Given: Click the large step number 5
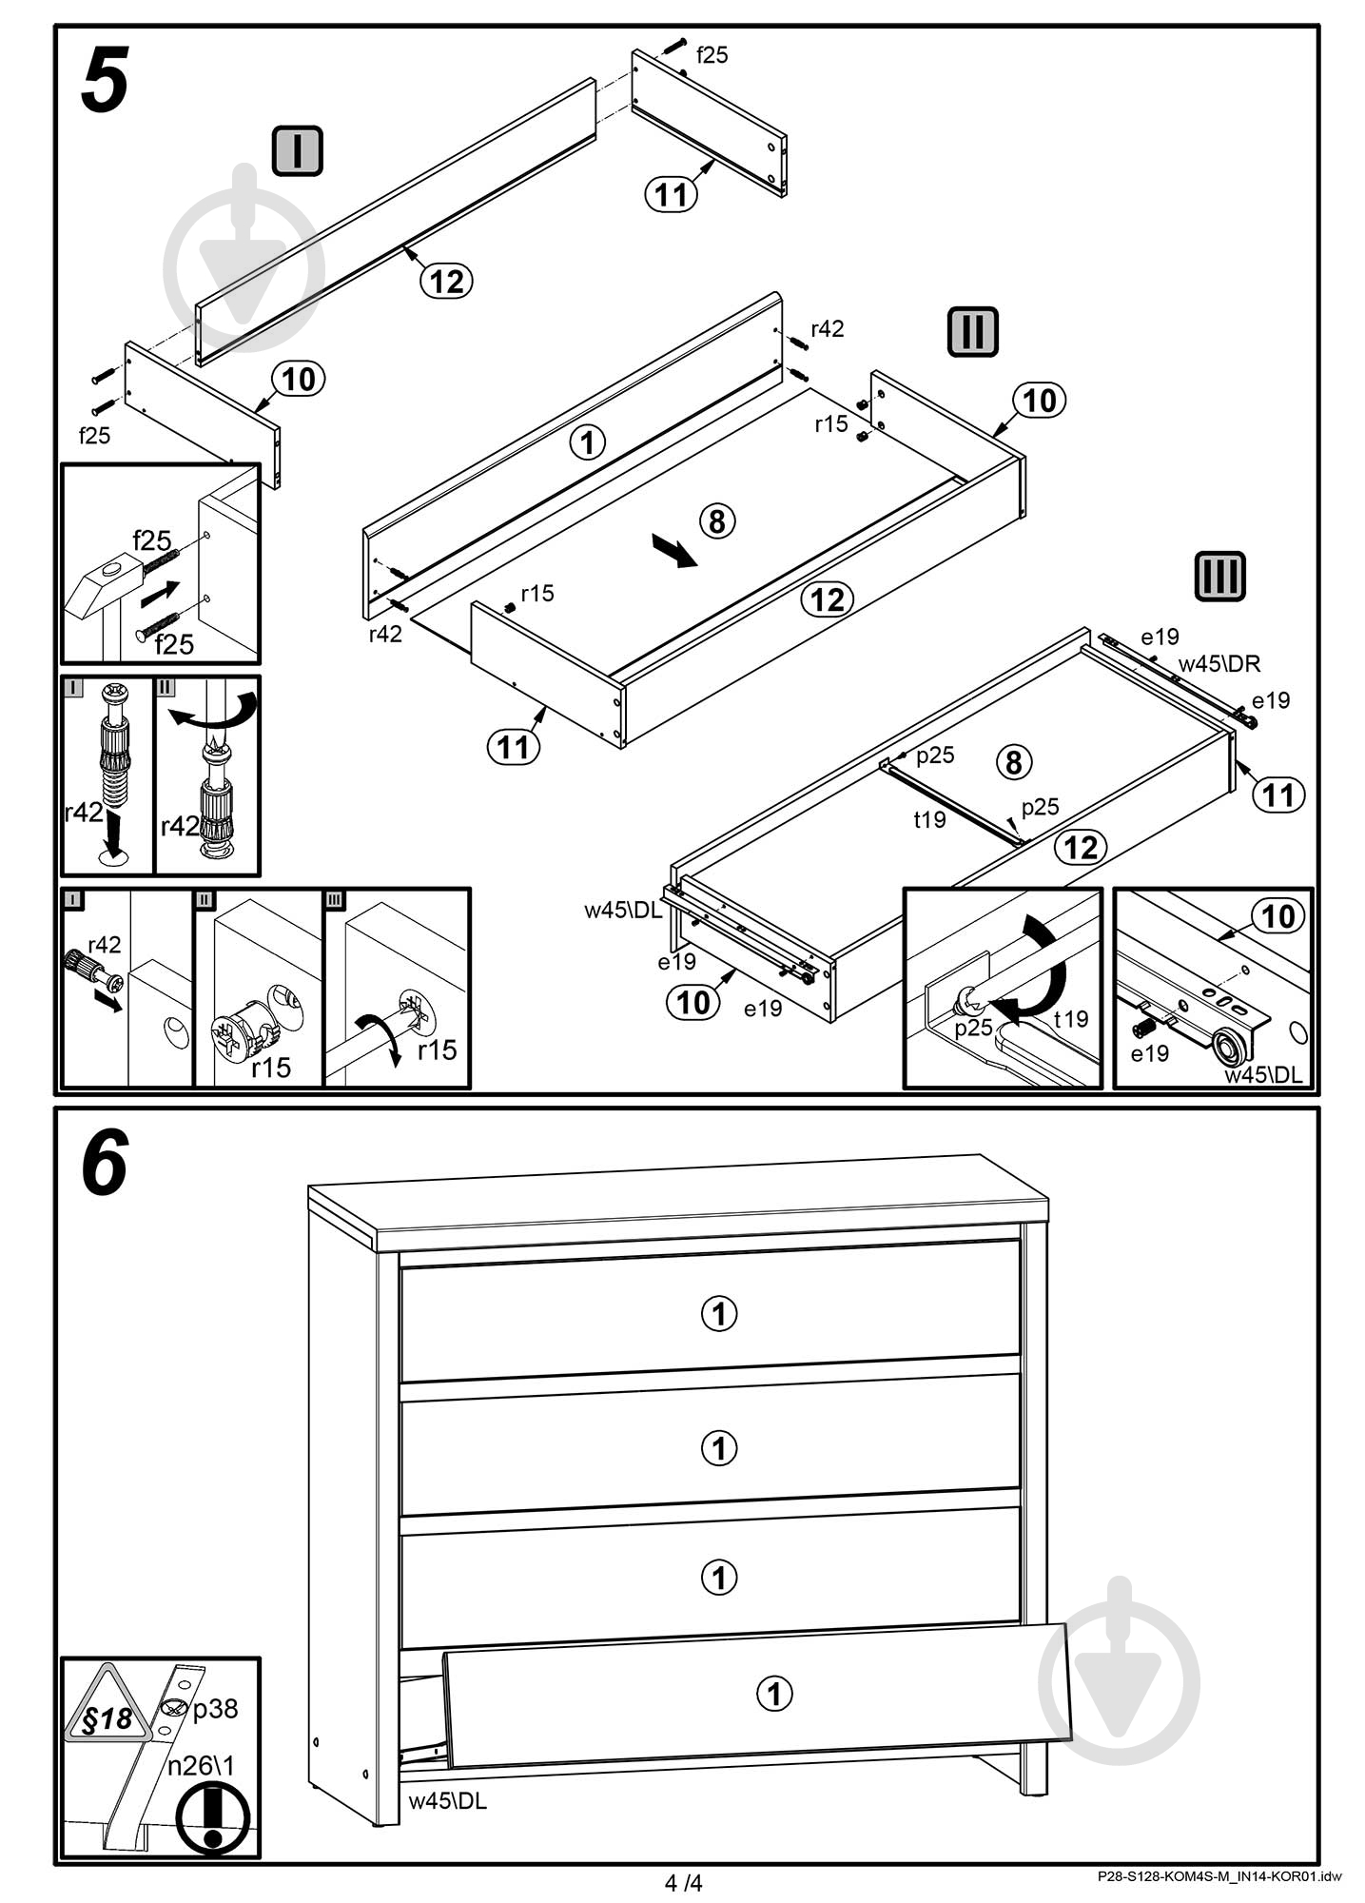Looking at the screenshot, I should pyautogui.click(x=105, y=82).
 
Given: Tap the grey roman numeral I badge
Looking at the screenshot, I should pyautogui.click(x=298, y=151).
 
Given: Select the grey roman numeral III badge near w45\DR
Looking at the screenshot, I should pyautogui.click(x=1219, y=577).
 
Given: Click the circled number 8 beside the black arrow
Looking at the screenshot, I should pyautogui.click(x=717, y=520).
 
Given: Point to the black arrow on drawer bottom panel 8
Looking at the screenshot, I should pyautogui.click(x=674, y=551).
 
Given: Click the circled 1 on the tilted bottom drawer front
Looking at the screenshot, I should pyautogui.click(x=774, y=1693).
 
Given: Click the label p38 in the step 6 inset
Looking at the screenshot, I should pyautogui.click(x=215, y=1710).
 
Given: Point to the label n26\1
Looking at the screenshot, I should pyautogui.click(x=201, y=1766).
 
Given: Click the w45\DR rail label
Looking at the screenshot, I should pyautogui.click(x=1219, y=664).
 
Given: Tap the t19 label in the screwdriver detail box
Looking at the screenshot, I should pyautogui.click(x=1071, y=1019).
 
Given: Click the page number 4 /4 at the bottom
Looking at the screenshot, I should pyautogui.click(x=683, y=1883).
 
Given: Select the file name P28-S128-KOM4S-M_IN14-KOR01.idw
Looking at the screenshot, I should pyautogui.click(x=1219, y=1877).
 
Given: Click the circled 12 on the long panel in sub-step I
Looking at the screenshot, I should pyautogui.click(x=446, y=281).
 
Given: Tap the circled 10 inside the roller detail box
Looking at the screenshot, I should pyautogui.click(x=1277, y=916).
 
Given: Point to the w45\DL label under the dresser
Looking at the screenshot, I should pyautogui.click(x=447, y=1800).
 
